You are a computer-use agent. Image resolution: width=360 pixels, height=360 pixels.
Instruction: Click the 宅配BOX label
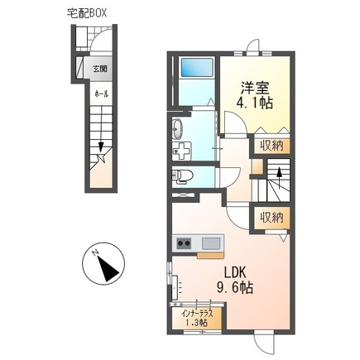[87, 13]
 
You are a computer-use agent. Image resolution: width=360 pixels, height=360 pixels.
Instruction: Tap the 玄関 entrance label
[100, 69]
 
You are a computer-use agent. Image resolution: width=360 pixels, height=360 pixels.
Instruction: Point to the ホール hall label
[102, 94]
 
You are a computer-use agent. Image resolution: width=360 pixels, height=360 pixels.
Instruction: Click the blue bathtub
[197, 68]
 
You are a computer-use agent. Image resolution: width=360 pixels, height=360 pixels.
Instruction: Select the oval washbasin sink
[177, 129]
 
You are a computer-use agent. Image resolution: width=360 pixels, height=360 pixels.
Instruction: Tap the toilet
[182, 177]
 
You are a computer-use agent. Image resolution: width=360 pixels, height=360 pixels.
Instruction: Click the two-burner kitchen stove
[184, 243]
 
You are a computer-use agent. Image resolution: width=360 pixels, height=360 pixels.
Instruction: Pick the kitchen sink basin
[211, 243]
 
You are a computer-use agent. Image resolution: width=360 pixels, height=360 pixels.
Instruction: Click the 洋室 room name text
[255, 89]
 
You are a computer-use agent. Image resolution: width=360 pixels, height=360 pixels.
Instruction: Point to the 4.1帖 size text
[255, 103]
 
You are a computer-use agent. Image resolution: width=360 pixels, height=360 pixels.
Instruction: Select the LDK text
[235, 272]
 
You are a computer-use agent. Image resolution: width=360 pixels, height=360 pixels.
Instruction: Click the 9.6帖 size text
[234, 287]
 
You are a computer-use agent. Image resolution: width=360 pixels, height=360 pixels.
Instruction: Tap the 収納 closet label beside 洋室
[272, 146]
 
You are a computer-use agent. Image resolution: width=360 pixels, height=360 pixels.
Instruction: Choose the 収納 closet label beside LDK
[272, 218]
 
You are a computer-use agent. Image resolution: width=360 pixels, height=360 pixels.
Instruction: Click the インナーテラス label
[197, 314]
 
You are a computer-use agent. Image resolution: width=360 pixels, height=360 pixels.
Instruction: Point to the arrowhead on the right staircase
[280, 172]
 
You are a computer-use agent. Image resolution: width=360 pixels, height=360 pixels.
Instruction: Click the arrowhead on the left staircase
[101, 146]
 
